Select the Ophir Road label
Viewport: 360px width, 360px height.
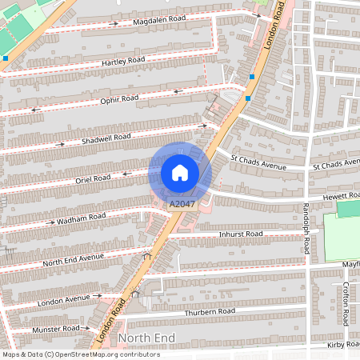tap(119, 99)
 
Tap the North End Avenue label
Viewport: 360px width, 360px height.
tap(74, 258)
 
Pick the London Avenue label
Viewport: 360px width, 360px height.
tap(63, 298)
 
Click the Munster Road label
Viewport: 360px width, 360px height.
tap(56, 329)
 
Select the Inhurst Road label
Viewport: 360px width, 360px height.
tap(241, 234)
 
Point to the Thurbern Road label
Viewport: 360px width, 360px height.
tap(210, 310)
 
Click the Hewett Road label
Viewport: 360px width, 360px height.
tap(339, 195)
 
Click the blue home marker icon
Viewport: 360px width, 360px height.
tap(180, 172)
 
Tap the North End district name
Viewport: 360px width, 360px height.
tap(146, 338)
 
